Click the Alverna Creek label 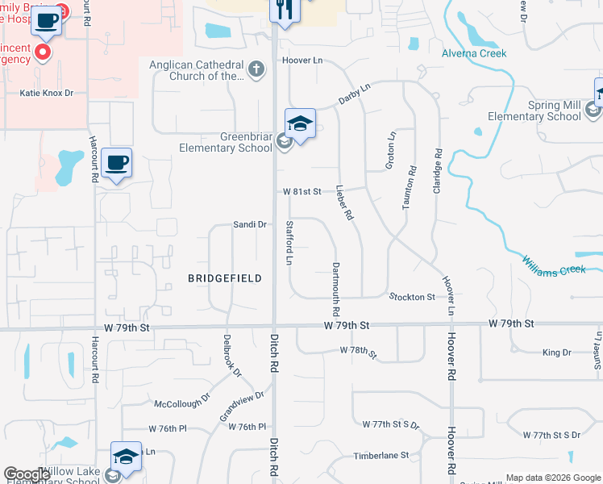click(x=474, y=53)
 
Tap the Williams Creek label click(x=553, y=265)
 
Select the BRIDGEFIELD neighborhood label click(x=225, y=278)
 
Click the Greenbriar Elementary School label click(x=225, y=142)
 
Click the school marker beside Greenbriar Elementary click(x=300, y=124)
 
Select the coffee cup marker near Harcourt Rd click(x=117, y=164)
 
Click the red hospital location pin click(x=43, y=53)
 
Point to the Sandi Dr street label click(x=250, y=224)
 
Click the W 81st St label click(x=301, y=192)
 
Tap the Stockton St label click(x=412, y=298)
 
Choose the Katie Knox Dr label click(x=46, y=94)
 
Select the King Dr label click(x=556, y=353)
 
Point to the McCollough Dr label click(x=182, y=400)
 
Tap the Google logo click(x=27, y=474)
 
